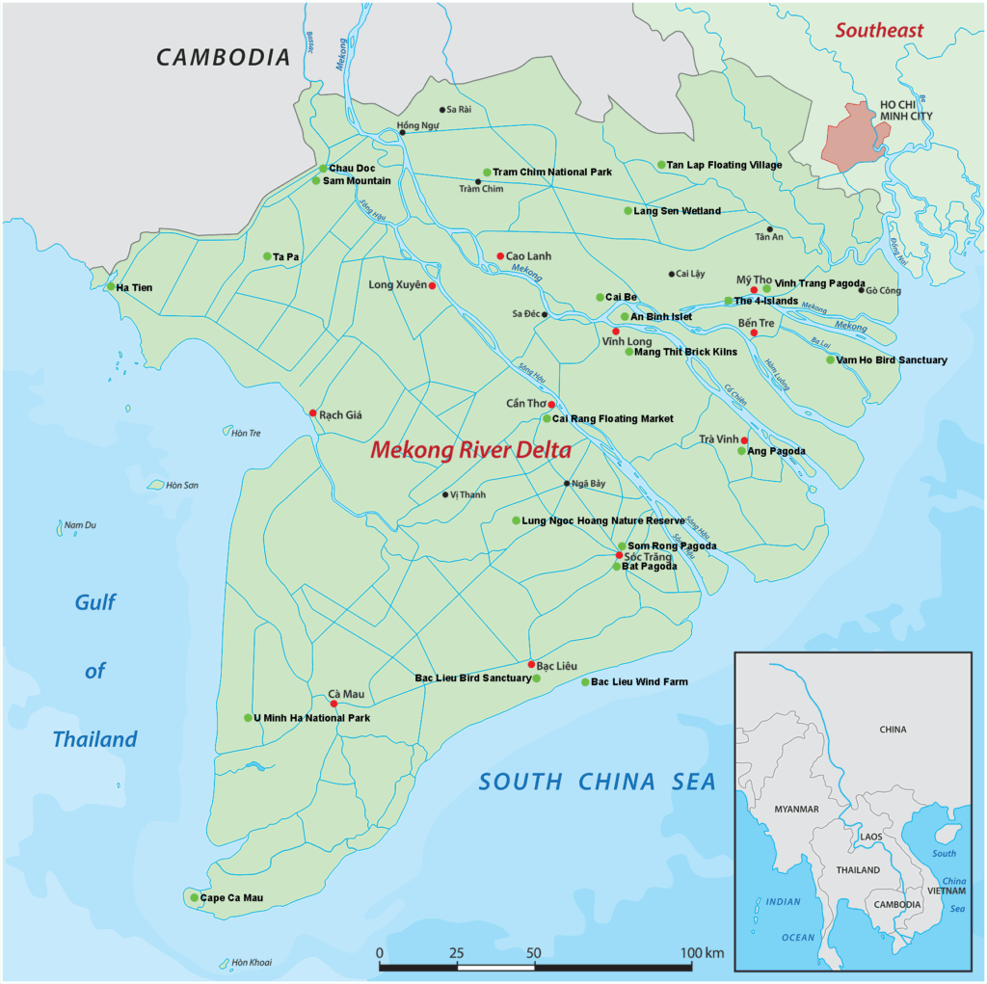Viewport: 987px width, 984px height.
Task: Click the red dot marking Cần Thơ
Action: [x=551, y=405]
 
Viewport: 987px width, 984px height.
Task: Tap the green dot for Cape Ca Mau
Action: [x=194, y=897]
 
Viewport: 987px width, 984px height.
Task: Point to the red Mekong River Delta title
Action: [x=471, y=450]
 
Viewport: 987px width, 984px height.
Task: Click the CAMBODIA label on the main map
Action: [x=224, y=57]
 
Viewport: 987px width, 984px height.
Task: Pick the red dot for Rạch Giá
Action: [x=312, y=412]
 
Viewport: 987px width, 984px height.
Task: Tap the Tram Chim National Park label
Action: [x=552, y=173]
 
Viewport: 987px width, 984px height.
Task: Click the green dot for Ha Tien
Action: [x=111, y=286]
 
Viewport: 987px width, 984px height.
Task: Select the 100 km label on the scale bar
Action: [x=701, y=953]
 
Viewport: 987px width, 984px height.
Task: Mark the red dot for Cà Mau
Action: [x=333, y=704]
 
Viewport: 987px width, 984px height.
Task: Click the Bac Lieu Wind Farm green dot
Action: [x=585, y=682]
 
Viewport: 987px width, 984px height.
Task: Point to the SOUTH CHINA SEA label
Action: [x=598, y=782]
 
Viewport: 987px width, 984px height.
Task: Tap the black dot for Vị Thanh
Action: [x=445, y=494]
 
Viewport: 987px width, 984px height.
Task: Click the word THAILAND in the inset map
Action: [x=858, y=869]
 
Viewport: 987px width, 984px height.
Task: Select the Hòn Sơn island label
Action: [x=181, y=485]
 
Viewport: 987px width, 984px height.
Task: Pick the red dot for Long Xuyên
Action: [x=432, y=285]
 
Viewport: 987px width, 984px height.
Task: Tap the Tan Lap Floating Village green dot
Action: [x=661, y=165]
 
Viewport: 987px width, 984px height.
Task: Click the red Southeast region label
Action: [x=879, y=30]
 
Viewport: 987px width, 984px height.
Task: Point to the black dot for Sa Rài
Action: [x=442, y=110]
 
